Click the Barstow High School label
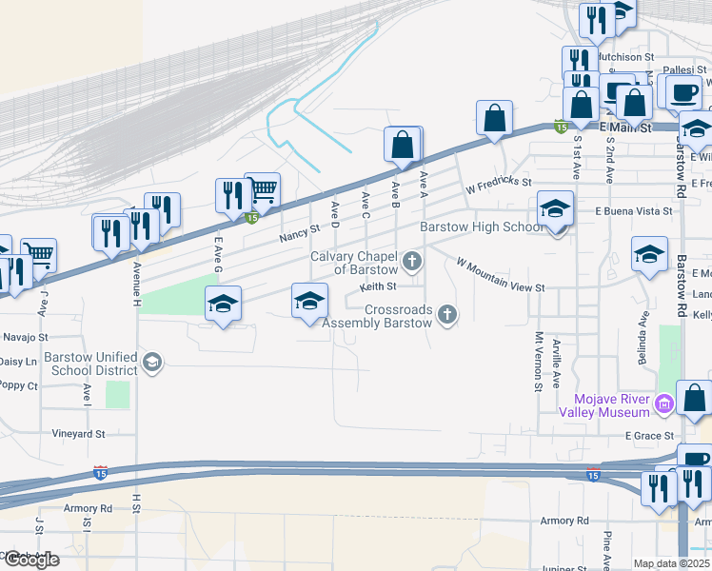coord(482,227)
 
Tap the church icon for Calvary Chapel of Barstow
coord(412,261)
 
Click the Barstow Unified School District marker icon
coord(151,362)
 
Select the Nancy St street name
coord(299,232)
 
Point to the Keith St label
coord(377,285)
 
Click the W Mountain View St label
coord(500,275)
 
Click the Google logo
coord(30,560)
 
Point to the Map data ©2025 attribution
coord(672,563)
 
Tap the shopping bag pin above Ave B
coord(403,145)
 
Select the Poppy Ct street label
coord(18,385)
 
